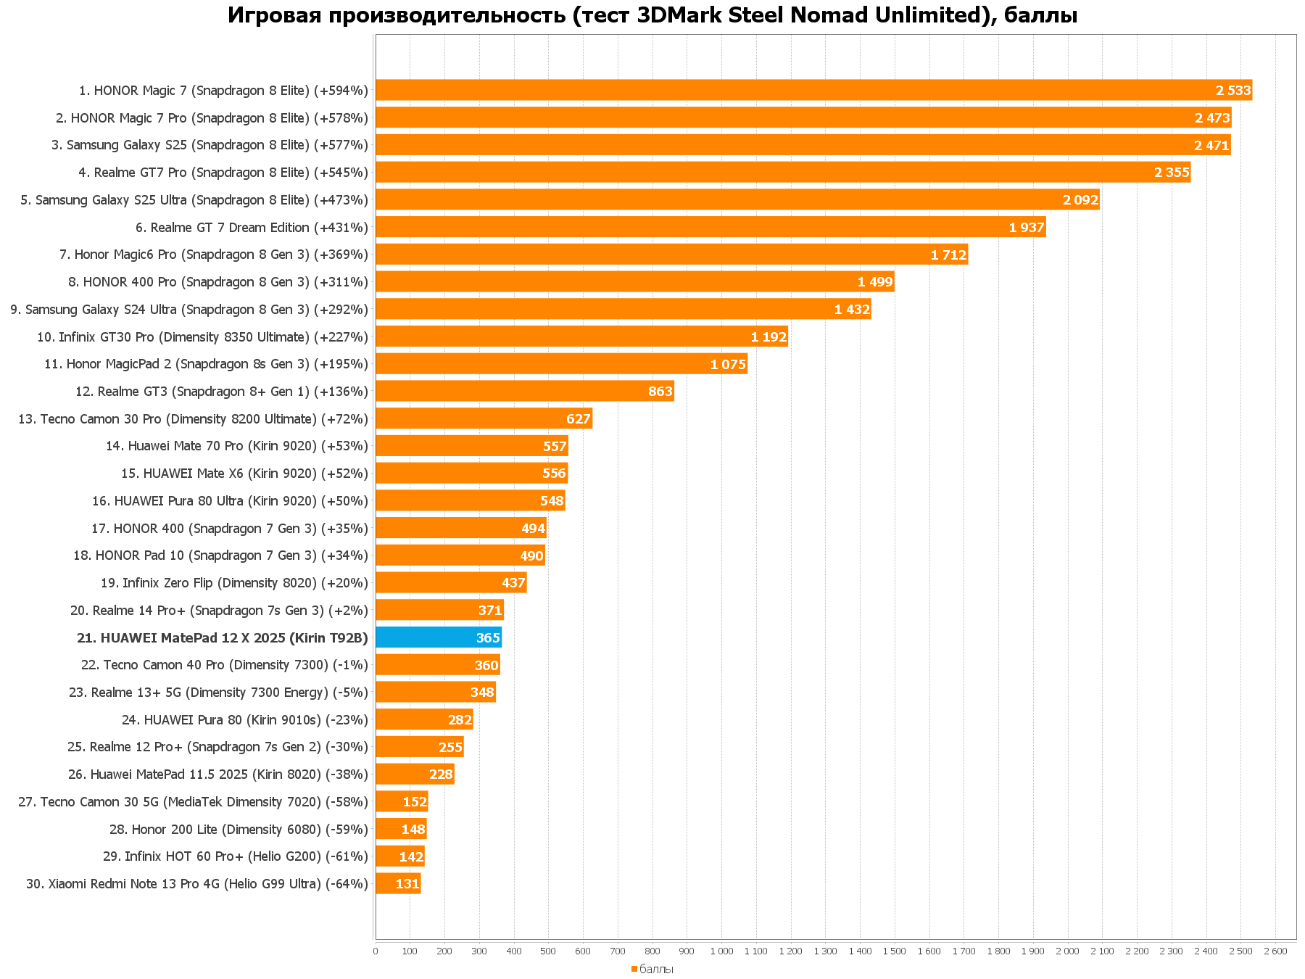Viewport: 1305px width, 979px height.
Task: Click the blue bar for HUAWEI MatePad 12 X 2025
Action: click(438, 638)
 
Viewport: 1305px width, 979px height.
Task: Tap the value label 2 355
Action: click(1172, 173)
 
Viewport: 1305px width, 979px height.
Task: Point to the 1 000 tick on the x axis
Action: click(721, 951)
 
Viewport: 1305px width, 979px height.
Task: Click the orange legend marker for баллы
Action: click(634, 969)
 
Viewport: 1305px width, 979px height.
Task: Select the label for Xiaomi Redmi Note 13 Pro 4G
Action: click(196, 884)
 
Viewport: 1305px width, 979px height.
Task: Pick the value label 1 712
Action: click(948, 255)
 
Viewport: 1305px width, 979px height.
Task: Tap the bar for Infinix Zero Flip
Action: click(450, 583)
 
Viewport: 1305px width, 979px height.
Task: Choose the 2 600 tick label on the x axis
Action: click(1275, 951)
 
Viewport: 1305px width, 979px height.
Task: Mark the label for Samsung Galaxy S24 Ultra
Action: click(189, 310)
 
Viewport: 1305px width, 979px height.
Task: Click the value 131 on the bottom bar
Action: click(407, 884)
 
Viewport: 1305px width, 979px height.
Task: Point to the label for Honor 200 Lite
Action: click(239, 830)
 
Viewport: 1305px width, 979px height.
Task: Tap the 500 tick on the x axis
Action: click(548, 951)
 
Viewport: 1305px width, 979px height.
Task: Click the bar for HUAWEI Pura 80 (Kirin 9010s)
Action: click(423, 720)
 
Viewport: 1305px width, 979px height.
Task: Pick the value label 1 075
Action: click(728, 365)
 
